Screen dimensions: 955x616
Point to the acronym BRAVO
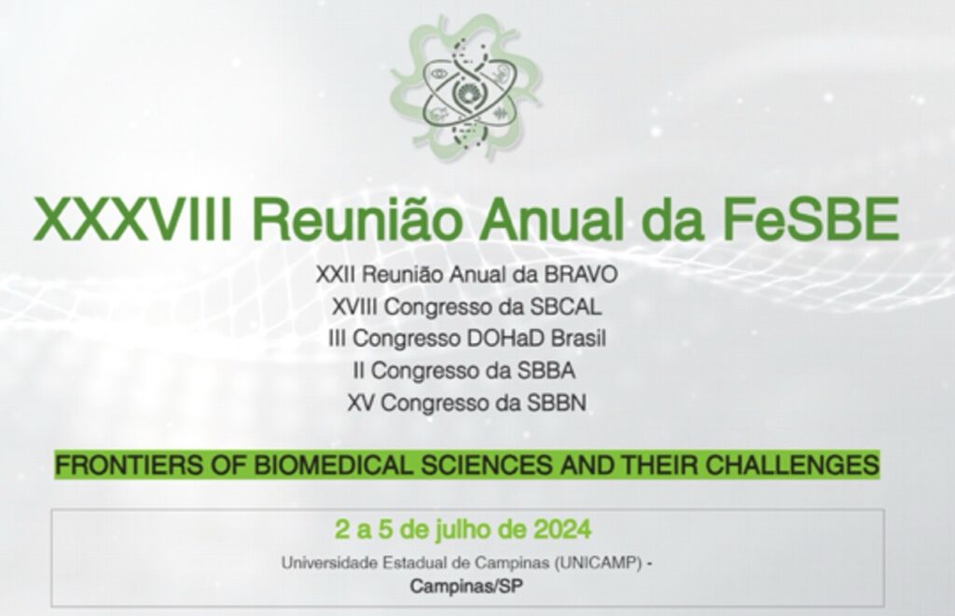(x=581, y=275)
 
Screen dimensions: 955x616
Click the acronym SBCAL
(x=565, y=307)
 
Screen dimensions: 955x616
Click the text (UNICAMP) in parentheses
(x=598, y=564)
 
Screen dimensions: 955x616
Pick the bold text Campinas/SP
(x=466, y=586)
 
